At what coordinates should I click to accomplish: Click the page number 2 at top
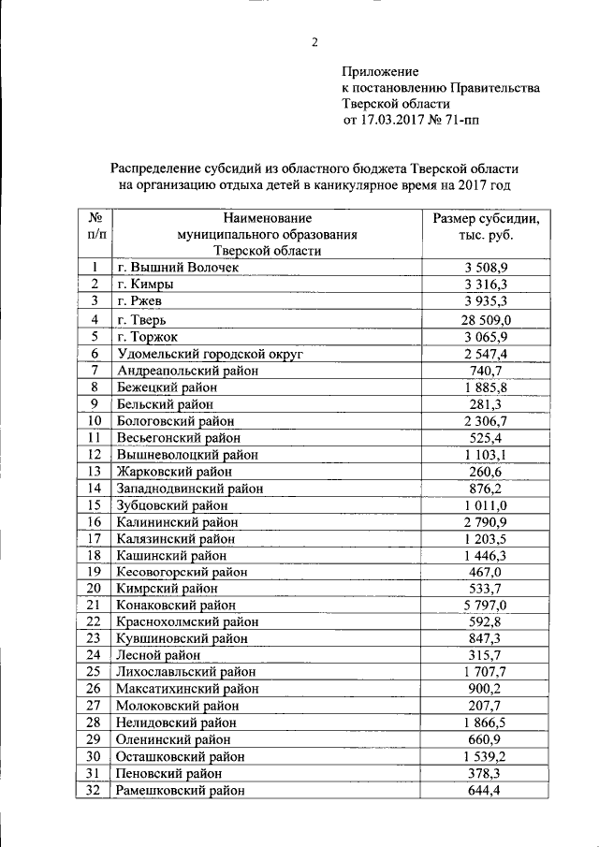[314, 41]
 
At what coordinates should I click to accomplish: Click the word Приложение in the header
[380, 71]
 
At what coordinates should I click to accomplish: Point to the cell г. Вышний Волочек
[179, 268]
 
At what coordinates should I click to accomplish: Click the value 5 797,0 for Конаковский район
[486, 606]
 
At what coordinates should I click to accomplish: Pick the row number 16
[94, 521]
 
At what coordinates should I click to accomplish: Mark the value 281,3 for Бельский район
[486, 404]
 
